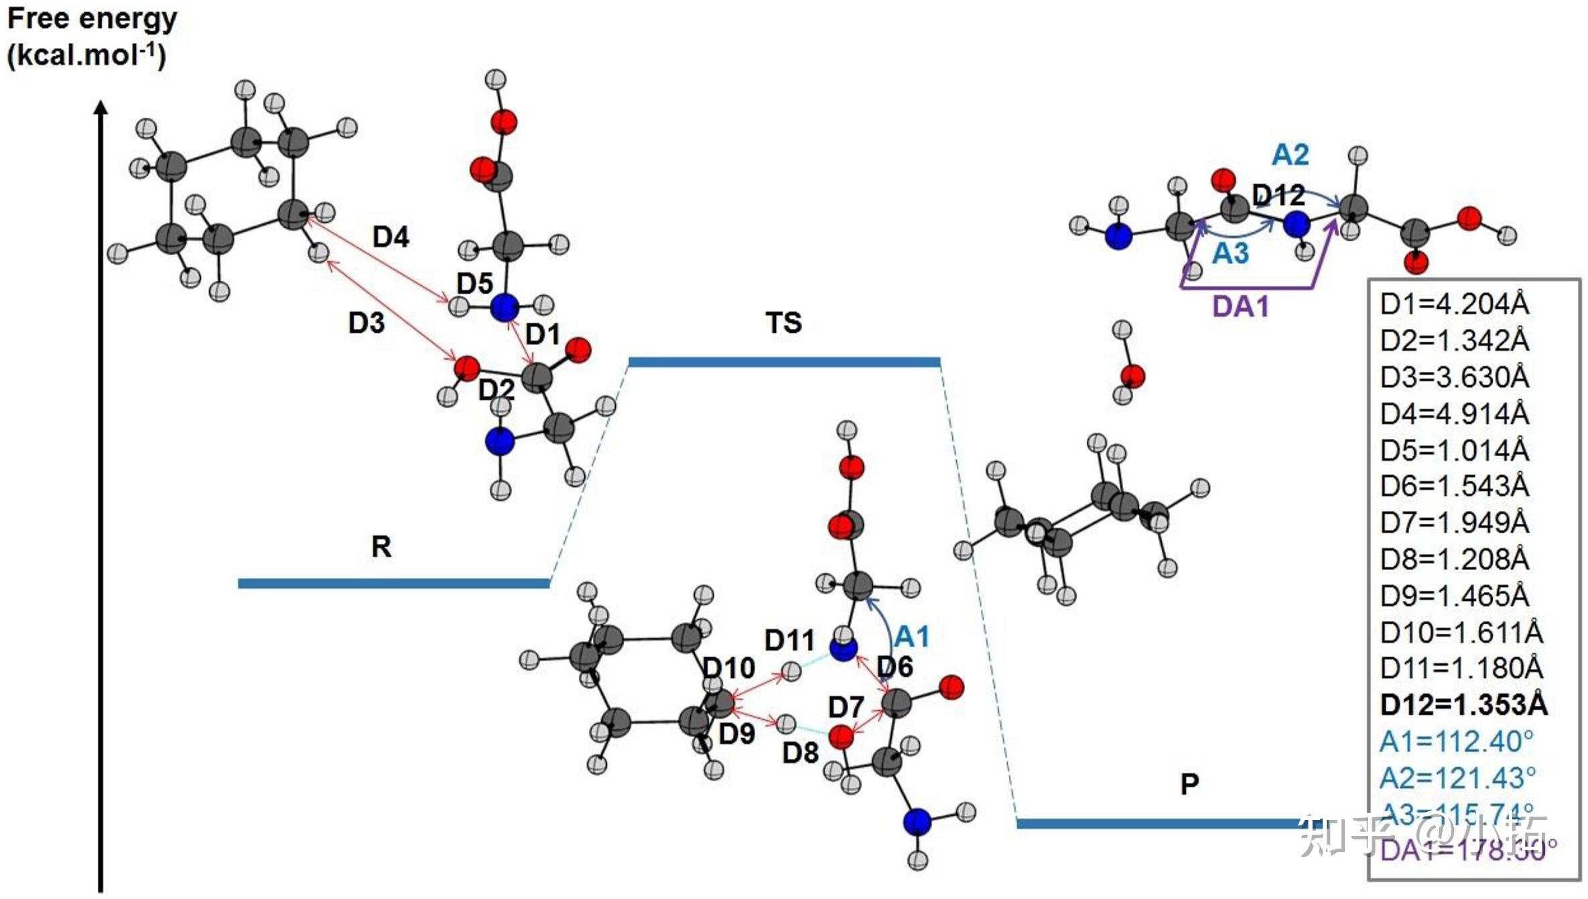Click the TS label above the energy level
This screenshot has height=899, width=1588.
click(783, 323)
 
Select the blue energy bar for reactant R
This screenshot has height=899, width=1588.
click(394, 583)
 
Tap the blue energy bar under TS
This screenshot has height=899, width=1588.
click(784, 362)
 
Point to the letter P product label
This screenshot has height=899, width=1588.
click(1189, 784)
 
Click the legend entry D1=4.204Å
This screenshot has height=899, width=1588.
click(1455, 304)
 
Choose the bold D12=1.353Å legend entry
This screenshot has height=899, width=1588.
click(1464, 704)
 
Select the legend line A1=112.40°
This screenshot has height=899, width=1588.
click(1456, 742)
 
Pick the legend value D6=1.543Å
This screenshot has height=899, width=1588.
click(1455, 486)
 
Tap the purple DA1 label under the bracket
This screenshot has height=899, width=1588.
click(1241, 306)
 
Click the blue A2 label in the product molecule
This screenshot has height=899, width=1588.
click(1290, 155)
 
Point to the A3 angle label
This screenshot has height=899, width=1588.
click(1231, 254)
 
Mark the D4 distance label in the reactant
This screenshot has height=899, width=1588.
click(391, 236)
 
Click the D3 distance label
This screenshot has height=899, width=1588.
click(367, 323)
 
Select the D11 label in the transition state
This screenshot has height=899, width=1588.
click(789, 640)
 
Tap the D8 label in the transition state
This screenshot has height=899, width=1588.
click(801, 753)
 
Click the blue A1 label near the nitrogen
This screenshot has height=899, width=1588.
click(912, 636)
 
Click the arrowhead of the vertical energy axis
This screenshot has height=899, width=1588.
click(101, 107)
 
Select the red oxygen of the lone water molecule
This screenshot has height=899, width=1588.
click(1133, 376)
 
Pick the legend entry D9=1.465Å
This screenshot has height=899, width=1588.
click(1455, 596)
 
